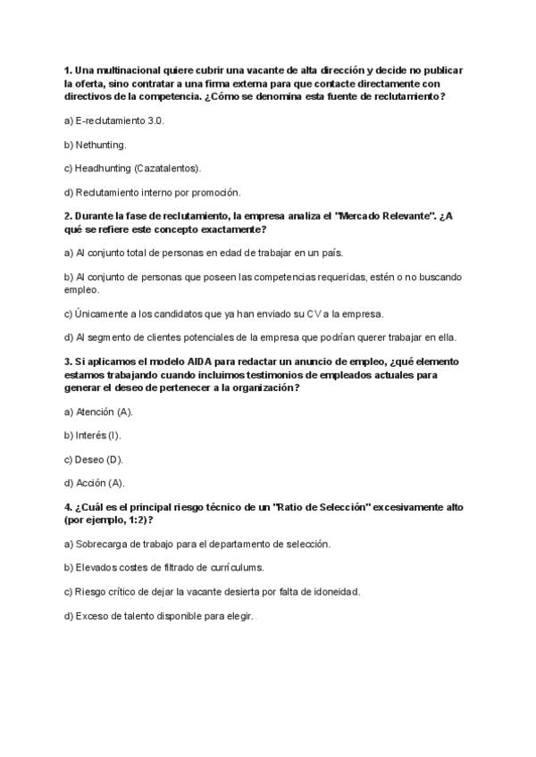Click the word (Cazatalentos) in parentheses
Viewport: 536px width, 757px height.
[x=167, y=168]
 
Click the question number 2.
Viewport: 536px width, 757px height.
[x=68, y=216]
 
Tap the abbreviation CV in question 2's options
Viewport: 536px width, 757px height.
[x=314, y=313]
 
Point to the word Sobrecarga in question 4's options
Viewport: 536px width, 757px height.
[x=103, y=543]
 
